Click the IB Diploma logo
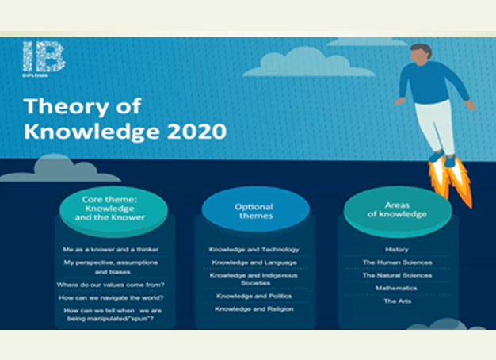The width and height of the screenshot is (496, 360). (x=44, y=59)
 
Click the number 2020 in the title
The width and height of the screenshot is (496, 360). (x=196, y=131)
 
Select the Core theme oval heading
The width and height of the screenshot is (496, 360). (x=113, y=212)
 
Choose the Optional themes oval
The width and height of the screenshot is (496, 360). (x=256, y=209)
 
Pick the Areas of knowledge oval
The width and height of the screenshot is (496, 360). (x=398, y=212)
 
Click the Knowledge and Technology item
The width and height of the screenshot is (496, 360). (x=254, y=250)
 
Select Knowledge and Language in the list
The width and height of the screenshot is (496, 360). (x=254, y=262)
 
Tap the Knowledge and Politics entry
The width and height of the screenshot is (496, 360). (x=254, y=296)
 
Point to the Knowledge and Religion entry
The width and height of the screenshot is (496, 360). (x=254, y=309)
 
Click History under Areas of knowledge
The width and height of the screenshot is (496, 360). (x=397, y=250)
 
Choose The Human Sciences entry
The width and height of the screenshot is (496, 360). (x=397, y=262)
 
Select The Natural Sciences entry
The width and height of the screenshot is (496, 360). (x=397, y=275)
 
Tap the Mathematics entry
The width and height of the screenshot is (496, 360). (x=396, y=288)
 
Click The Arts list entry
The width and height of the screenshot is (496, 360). (x=398, y=301)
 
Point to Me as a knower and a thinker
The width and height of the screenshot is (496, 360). (x=111, y=250)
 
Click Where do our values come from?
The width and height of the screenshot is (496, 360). (x=111, y=285)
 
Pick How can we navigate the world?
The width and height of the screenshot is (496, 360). (x=111, y=298)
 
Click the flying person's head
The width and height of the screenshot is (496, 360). (x=421, y=55)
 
